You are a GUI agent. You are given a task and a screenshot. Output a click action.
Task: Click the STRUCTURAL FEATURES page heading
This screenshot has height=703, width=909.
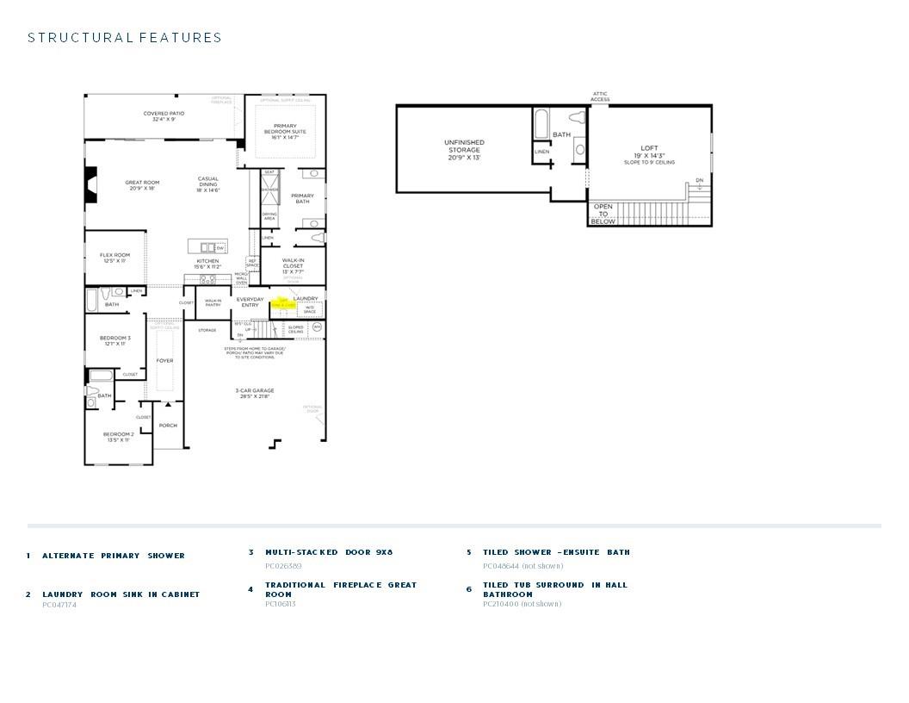[125, 38]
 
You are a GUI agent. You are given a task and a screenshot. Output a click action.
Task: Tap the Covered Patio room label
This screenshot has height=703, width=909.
[164, 116]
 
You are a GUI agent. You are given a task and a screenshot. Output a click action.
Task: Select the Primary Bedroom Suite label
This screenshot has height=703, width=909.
[285, 131]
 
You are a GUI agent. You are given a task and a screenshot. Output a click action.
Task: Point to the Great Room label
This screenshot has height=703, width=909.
[142, 185]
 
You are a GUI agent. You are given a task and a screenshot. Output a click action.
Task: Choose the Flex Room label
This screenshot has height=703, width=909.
[114, 258]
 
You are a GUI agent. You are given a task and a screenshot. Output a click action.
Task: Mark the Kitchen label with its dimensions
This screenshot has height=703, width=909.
[207, 264]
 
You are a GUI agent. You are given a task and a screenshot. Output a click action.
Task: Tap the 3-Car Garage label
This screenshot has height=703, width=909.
[254, 394]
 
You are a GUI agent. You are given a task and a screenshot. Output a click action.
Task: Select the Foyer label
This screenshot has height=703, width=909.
[164, 361]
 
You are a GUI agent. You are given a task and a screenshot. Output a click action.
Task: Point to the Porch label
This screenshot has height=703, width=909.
[168, 425]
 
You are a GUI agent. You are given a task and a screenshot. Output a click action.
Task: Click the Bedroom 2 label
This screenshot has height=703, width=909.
[118, 437]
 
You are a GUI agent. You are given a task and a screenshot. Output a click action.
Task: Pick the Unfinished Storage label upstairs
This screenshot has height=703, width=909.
[464, 150]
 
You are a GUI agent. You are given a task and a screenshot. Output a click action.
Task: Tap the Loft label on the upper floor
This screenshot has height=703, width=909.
[649, 154]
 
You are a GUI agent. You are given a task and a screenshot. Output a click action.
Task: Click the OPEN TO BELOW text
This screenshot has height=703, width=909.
[603, 214]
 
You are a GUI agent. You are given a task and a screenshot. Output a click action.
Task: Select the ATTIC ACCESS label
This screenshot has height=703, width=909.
[600, 96]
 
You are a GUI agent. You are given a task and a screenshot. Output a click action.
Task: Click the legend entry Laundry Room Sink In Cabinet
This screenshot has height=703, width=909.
[121, 594]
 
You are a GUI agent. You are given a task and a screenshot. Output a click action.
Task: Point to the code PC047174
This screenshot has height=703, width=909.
[59, 605]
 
